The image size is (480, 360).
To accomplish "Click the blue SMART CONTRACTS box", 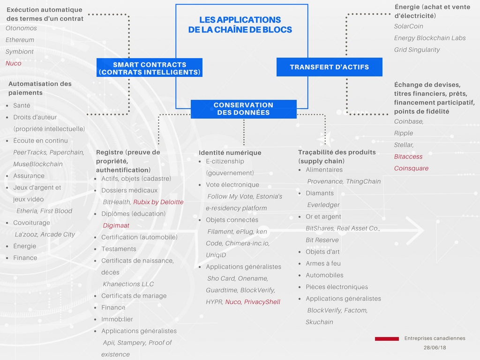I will coord(150,68).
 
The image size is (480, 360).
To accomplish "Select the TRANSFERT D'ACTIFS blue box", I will coord(329,67).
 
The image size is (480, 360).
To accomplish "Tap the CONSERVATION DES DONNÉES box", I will coord(243,109).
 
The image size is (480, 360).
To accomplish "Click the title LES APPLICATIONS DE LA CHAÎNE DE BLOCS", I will coord(240,25).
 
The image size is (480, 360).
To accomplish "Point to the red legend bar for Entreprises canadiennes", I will coord(387,338).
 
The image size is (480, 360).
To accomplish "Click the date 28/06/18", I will coord(435,348).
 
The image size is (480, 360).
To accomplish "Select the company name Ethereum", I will coord(20,40).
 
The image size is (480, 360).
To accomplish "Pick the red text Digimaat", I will coord(115,225).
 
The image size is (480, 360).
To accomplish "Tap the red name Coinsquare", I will coord(411,168).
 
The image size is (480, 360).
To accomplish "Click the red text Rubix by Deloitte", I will coord(158,202).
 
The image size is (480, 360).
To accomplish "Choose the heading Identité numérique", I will coord(230,152).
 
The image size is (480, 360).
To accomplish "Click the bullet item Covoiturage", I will coord(31,223).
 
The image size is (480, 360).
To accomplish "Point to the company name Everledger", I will coord(323,205).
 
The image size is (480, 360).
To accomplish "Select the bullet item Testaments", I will coord(119,249).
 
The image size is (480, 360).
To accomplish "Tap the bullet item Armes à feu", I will coord(323,263).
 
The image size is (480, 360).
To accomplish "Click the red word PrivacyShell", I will coord(262,302).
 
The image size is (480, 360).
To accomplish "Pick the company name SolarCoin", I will coord(408,26).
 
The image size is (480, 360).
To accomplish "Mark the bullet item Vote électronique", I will coord(232,185).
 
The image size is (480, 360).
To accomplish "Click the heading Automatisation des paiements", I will coord(40,88).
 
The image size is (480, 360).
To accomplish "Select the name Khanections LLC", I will coord(128,284).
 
